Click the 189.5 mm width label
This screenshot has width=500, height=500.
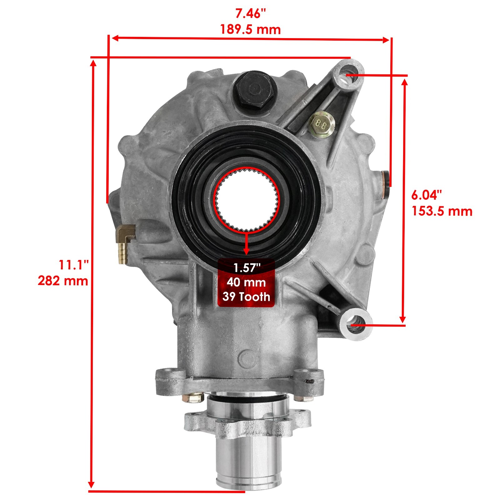pos(250,30)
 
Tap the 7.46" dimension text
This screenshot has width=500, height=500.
pos(250,14)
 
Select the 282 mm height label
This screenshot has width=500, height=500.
pos(63,281)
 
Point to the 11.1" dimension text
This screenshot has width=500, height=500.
pos(74,265)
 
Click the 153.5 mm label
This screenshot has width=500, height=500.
pos(442,211)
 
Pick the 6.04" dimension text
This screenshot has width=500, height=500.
pos(427,195)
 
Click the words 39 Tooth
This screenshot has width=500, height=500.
pos(246,297)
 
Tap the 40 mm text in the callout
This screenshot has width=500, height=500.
pos(246,282)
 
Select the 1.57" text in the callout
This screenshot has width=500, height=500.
pos(246,268)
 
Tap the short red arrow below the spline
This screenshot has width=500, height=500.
pos(247,244)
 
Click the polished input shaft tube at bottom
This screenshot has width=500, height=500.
pos(248,453)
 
